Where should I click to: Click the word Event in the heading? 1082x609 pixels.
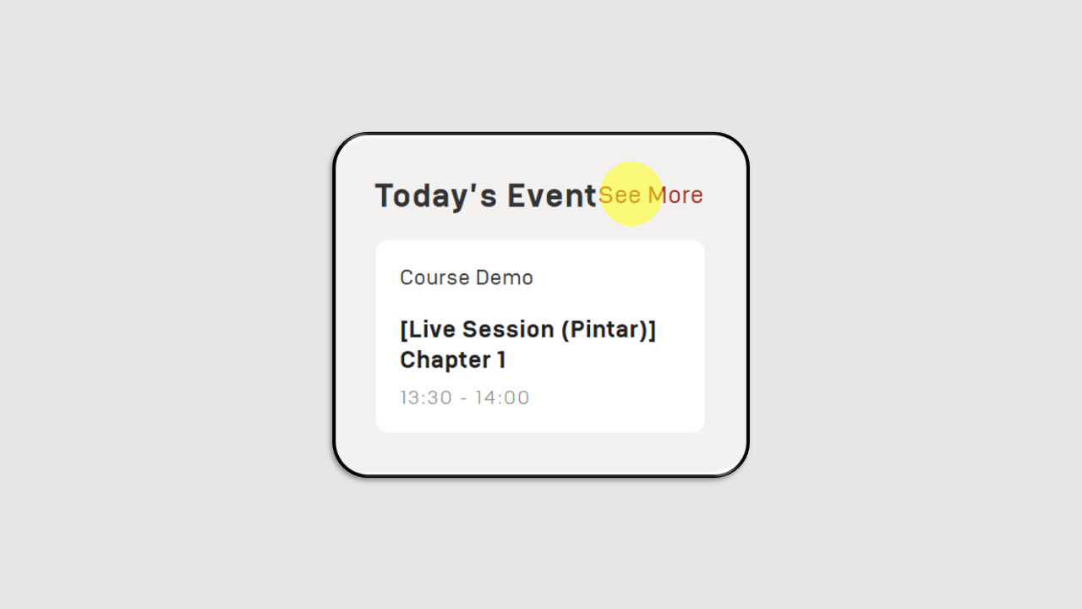pos(552,195)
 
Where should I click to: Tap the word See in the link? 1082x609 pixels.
pos(620,195)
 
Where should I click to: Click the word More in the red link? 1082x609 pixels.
pos(675,195)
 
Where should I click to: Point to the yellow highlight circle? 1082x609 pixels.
pos(631,194)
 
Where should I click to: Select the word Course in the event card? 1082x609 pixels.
pos(434,277)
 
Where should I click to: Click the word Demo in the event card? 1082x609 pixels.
pos(505,277)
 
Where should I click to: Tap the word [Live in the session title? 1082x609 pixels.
pos(428,330)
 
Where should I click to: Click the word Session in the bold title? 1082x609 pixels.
pos(508,329)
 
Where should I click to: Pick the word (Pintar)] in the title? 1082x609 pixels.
pos(609,330)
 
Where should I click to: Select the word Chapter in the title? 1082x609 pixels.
pos(445,360)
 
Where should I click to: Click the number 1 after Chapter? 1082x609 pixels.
pos(502,359)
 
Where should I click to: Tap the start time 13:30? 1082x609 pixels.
pos(426,398)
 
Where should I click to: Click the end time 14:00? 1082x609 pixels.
pos(502,398)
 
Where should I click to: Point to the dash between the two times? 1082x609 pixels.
pos(464,398)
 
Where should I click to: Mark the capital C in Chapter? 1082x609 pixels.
pos(408,359)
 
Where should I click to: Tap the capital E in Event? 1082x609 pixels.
pos(516,195)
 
